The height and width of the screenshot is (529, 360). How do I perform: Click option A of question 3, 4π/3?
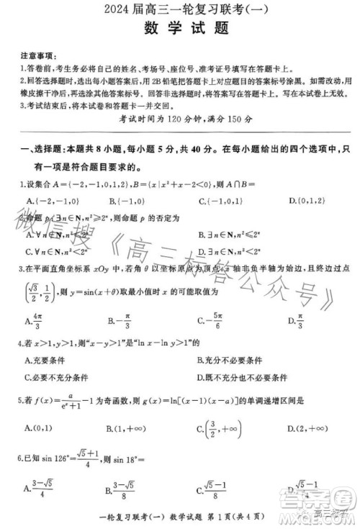tap(34, 321)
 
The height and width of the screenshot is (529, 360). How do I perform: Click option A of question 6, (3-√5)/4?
tap(40, 490)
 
